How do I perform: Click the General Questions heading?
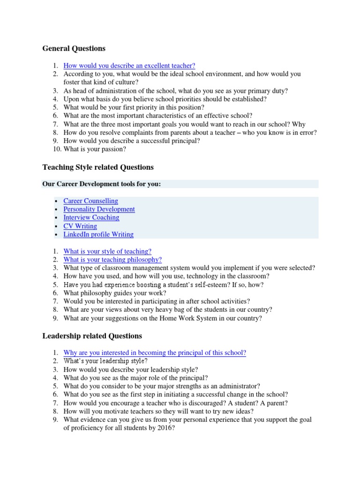(74, 48)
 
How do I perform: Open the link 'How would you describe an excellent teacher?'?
(129, 66)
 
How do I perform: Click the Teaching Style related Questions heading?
(97, 167)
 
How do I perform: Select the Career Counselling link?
(90, 201)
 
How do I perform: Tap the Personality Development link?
(99, 209)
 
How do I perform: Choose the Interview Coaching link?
(91, 217)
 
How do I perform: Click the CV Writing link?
(80, 226)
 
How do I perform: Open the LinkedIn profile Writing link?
(98, 234)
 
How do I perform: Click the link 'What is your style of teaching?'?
(107, 251)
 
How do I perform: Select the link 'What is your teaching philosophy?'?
(112, 260)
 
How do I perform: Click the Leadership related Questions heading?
(92, 336)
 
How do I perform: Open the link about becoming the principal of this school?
(155, 352)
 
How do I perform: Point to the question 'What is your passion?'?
(95, 149)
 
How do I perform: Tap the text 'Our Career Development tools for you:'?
(101, 184)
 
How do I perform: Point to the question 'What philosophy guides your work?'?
(115, 293)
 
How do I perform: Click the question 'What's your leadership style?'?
(105, 361)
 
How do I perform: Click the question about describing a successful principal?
(132, 141)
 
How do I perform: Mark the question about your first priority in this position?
(134, 107)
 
